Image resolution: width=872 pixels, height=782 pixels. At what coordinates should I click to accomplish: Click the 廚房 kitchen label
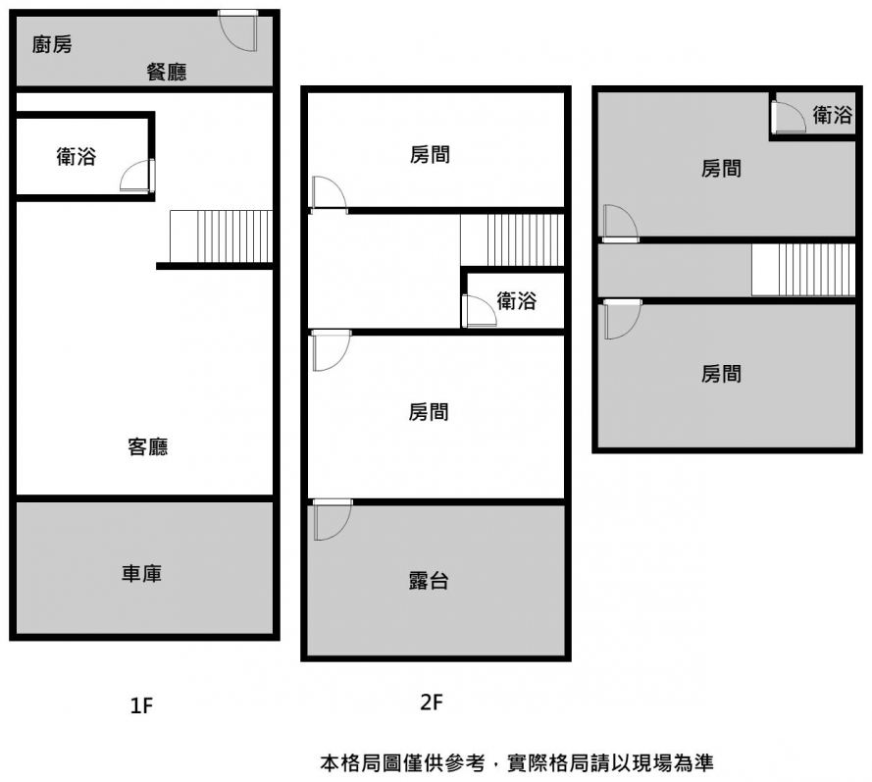point(52,44)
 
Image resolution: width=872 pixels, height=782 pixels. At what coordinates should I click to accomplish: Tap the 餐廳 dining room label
point(167,72)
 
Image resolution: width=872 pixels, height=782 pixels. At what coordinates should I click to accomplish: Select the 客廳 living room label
point(147,447)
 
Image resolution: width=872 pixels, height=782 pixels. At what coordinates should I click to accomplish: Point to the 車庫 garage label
point(141,574)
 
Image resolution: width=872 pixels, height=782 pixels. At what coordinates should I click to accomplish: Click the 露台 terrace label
point(429,580)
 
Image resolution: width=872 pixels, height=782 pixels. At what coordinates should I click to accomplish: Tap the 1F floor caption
point(141,704)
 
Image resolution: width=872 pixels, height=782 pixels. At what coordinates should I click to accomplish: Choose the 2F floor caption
point(432,703)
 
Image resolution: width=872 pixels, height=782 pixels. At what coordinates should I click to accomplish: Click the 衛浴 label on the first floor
point(77,156)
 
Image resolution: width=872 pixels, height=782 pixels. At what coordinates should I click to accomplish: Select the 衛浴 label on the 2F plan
point(516,301)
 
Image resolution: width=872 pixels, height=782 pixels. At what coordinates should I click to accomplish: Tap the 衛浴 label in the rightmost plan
point(832,116)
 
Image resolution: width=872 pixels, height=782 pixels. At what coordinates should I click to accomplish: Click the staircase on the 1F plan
point(221,236)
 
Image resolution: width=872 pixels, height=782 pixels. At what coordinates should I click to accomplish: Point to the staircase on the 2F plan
point(512,240)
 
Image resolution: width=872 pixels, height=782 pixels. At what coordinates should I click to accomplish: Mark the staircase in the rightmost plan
point(803,270)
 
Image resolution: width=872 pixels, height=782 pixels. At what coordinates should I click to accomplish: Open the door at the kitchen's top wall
point(238,30)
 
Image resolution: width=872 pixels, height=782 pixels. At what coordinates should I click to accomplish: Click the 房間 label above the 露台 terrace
point(429,412)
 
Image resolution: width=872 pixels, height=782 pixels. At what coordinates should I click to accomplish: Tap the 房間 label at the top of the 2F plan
point(430,155)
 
